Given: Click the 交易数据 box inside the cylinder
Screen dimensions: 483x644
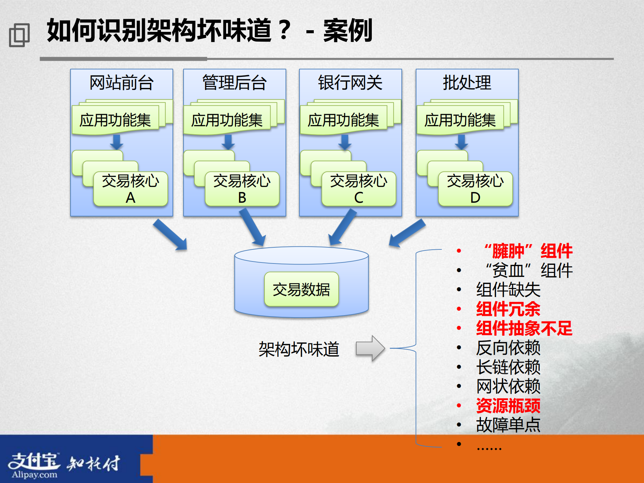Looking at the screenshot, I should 301,289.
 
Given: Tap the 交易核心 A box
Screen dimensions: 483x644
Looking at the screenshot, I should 130,189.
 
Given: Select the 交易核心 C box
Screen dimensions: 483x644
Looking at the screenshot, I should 358,189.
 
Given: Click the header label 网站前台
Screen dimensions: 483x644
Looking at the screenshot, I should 121,83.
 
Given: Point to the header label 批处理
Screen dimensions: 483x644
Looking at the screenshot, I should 467,83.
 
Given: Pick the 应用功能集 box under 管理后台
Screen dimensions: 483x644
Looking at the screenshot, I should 227,120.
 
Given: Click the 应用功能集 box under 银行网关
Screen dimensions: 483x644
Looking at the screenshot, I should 343,120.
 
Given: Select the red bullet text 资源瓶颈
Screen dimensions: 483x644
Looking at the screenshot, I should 508,405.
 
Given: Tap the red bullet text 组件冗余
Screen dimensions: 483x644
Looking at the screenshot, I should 508,309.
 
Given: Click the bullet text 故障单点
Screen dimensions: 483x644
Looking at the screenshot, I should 508,425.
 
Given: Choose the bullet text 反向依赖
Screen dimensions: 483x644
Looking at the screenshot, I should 508,348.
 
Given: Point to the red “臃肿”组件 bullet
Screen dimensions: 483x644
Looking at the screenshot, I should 528,251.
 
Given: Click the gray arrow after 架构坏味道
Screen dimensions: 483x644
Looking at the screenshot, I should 370,348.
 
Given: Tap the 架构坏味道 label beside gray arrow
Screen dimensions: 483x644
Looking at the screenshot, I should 299,349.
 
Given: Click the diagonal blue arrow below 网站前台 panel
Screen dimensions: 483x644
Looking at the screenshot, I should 170,235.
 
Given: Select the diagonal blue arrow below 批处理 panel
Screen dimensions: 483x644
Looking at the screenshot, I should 407,233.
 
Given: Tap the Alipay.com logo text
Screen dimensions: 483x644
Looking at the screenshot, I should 34,475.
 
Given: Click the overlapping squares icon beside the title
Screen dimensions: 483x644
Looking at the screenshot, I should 19,35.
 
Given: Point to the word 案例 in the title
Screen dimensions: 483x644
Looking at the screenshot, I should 348,31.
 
